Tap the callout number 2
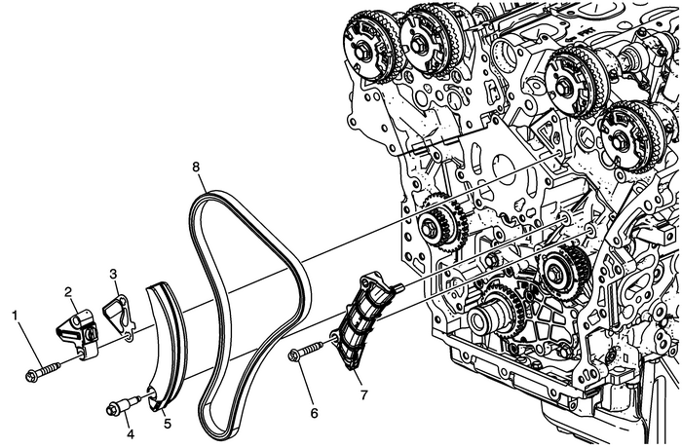tap(70, 290)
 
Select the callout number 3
tap(113, 274)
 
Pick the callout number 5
tap(167, 424)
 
